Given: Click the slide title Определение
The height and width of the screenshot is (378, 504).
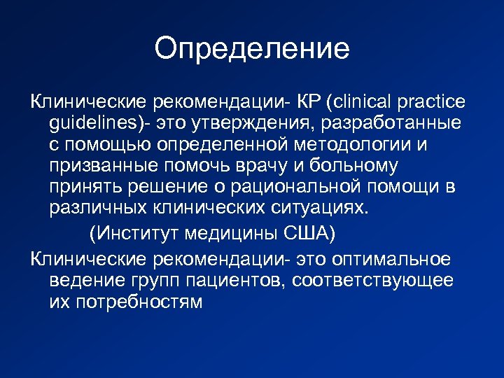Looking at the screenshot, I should [x=251, y=48].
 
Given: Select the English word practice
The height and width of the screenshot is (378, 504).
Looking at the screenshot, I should [x=430, y=102].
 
